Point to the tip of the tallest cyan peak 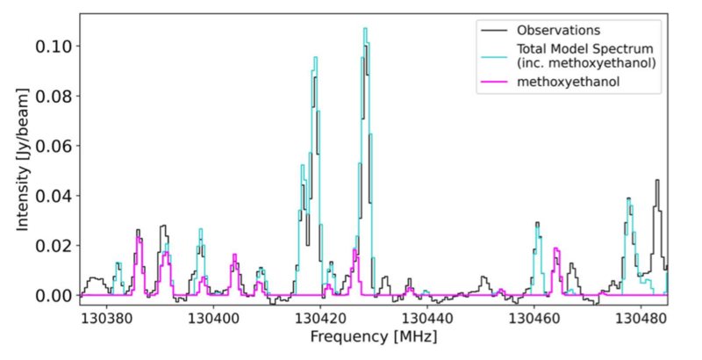(364, 28)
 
